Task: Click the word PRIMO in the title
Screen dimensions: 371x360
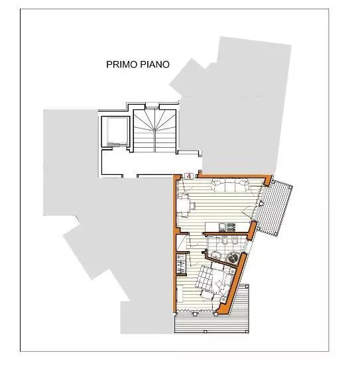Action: tap(121, 65)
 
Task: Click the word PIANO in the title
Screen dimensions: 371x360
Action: tap(154, 65)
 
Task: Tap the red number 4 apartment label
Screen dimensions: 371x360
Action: tap(189, 176)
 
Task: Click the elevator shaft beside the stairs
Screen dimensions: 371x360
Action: tap(113, 131)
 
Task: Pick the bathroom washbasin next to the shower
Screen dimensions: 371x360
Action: tap(215, 253)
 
